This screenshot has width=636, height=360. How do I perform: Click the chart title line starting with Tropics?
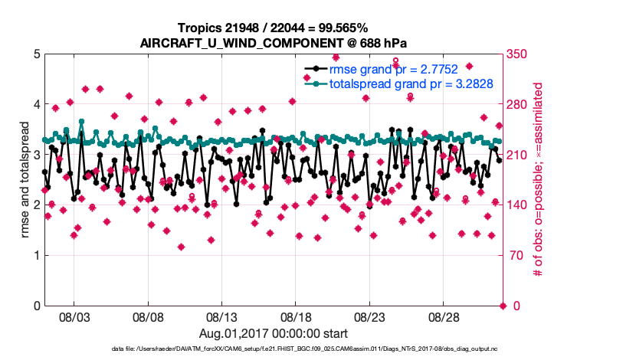(273, 28)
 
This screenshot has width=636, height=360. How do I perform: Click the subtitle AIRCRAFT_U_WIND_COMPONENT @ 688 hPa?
(273, 42)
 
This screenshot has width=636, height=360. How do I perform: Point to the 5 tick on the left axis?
(36, 54)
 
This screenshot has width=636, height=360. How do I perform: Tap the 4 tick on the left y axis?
(36, 105)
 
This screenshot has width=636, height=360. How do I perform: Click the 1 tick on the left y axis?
(36, 256)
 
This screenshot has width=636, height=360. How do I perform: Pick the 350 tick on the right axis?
(517, 54)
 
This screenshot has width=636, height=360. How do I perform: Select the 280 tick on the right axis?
(517, 105)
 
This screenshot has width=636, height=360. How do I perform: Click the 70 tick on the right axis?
(514, 256)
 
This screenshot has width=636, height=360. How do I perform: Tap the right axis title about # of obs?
(538, 180)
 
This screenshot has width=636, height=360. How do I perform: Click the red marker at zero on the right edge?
(503, 306)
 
